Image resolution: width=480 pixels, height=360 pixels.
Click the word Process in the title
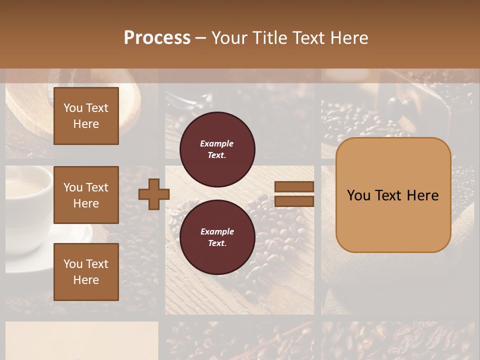point(157,38)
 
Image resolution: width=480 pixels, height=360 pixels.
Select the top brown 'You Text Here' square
point(86,116)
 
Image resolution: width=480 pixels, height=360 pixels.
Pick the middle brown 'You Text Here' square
point(86,195)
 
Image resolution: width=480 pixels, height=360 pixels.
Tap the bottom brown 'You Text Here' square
point(86,271)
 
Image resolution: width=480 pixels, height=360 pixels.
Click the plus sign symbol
point(154,193)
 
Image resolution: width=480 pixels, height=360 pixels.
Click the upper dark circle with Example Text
point(217,149)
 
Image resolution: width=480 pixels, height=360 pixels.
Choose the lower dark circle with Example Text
point(217,237)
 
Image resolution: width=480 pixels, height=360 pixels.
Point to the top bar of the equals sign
point(294,187)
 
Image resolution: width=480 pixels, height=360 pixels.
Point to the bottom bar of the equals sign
point(294,201)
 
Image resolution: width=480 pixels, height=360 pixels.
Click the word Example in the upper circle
point(217,143)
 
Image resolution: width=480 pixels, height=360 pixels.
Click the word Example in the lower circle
point(217,231)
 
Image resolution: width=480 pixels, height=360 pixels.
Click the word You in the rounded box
point(359,195)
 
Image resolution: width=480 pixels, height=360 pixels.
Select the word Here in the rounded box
point(422,195)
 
